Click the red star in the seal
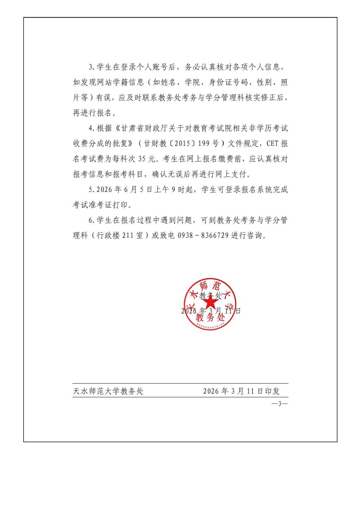tap(211, 303)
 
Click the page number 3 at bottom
tap(280, 404)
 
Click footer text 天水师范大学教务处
tap(108, 391)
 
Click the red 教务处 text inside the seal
tap(210, 318)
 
